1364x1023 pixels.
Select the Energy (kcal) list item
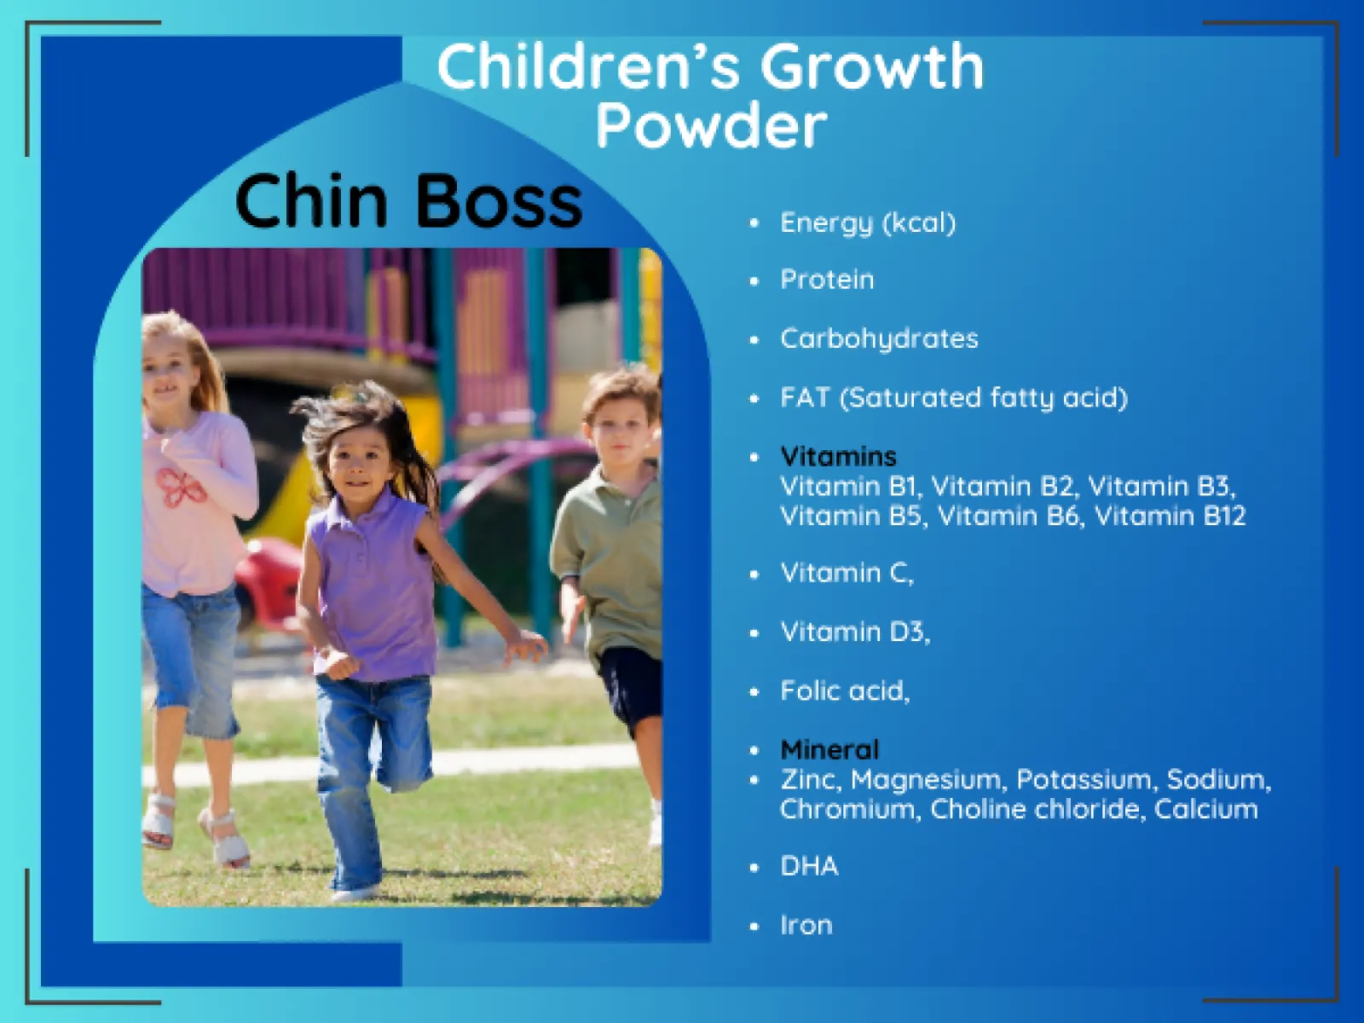pyautogui.click(x=868, y=223)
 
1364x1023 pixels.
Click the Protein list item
pyautogui.click(x=827, y=280)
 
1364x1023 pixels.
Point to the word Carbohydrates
pyautogui.click(x=879, y=339)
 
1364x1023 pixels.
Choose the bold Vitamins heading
pyautogui.click(x=838, y=457)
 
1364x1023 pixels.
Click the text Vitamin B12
pyautogui.click(x=1170, y=516)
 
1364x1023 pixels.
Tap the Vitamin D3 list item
pyautogui.click(x=855, y=633)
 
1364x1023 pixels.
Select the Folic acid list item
pyautogui.click(x=845, y=691)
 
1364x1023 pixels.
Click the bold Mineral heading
pyautogui.click(x=829, y=749)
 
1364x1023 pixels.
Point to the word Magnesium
pyautogui.click(x=926, y=779)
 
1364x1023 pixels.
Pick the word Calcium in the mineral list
pyautogui.click(x=1206, y=809)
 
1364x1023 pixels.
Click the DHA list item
pyautogui.click(x=810, y=866)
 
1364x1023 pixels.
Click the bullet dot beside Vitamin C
pyautogui.click(x=754, y=575)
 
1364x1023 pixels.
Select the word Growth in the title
pyautogui.click(x=872, y=67)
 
